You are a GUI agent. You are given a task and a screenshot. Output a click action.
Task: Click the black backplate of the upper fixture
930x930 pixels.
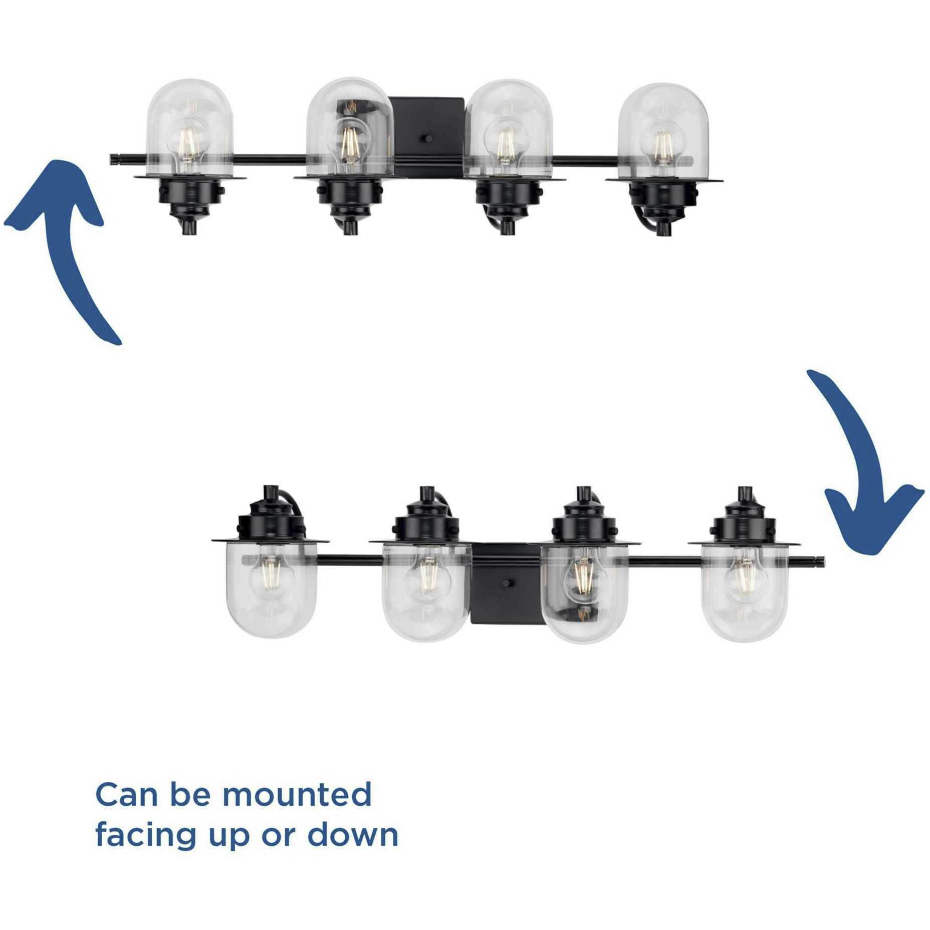pyautogui.click(x=427, y=136)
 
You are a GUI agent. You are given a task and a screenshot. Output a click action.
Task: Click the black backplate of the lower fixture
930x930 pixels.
pyautogui.click(x=507, y=583)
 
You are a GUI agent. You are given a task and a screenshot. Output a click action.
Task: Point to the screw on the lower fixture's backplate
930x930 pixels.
pyautogui.click(x=507, y=583)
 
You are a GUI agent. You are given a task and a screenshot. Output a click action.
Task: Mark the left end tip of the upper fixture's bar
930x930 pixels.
pyautogui.click(x=111, y=160)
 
